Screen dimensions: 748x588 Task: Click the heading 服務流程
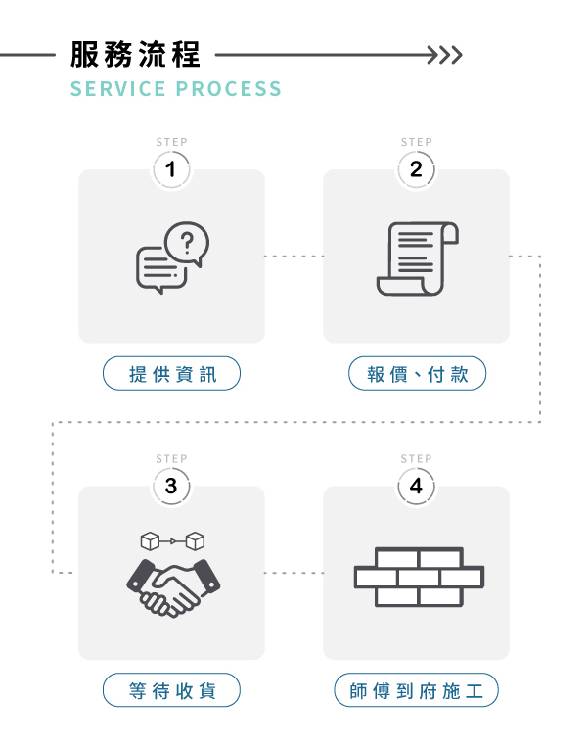click(135, 54)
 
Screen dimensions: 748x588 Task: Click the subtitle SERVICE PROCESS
click(176, 89)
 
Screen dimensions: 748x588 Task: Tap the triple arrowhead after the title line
click(449, 54)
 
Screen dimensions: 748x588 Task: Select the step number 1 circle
click(171, 169)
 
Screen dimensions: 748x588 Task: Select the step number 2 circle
click(416, 169)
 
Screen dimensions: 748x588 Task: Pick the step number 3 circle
click(171, 486)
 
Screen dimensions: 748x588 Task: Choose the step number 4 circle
click(416, 486)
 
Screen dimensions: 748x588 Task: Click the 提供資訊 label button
click(171, 374)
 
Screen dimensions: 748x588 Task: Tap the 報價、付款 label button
click(416, 374)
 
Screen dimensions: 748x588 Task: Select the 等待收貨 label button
click(171, 690)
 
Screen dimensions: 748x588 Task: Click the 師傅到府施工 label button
click(416, 690)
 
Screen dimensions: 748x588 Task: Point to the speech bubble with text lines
click(158, 270)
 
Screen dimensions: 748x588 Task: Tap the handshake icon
click(172, 585)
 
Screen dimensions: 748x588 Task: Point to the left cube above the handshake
click(150, 540)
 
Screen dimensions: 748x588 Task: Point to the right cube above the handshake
click(196, 540)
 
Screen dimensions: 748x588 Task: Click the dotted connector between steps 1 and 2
click(294, 257)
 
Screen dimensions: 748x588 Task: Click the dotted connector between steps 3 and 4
click(294, 573)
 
